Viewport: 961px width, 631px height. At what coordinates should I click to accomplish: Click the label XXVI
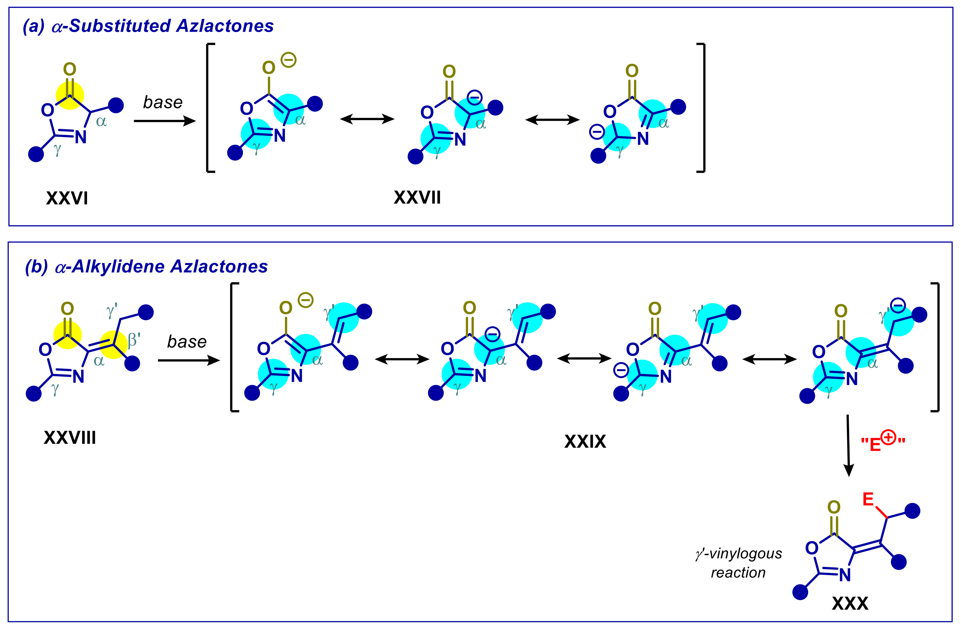67,198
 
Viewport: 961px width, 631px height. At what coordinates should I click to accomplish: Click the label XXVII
417,197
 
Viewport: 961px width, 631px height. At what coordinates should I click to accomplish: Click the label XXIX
585,441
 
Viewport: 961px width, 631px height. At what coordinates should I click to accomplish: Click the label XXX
850,603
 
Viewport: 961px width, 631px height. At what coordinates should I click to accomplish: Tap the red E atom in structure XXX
868,500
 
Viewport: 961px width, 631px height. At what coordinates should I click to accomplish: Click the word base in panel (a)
163,103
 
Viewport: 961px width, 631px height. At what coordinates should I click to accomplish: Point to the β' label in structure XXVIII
134,341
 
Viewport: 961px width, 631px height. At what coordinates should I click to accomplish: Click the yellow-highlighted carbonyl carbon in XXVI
70,96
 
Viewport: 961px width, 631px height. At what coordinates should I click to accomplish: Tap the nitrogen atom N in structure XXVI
81,137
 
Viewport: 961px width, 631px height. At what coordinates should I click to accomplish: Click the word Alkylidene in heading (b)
119,267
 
